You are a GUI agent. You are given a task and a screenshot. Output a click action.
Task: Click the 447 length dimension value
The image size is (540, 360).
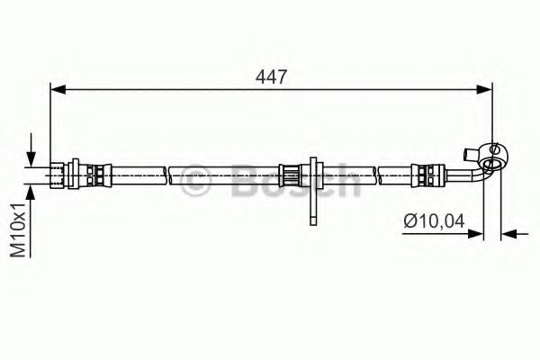tap(271, 77)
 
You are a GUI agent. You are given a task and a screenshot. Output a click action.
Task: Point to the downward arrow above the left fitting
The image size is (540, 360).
tap(33, 149)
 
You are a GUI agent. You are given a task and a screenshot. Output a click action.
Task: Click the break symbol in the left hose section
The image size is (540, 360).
tap(171, 170)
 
